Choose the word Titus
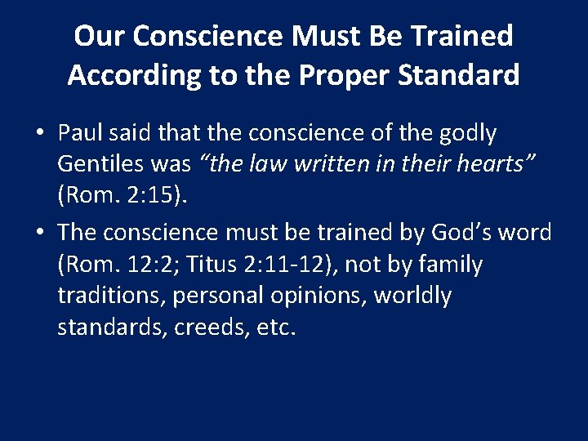click(216, 265)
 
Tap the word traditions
click(110, 296)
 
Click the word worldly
click(412, 296)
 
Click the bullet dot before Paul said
click(40, 133)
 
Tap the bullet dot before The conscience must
click(40, 233)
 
